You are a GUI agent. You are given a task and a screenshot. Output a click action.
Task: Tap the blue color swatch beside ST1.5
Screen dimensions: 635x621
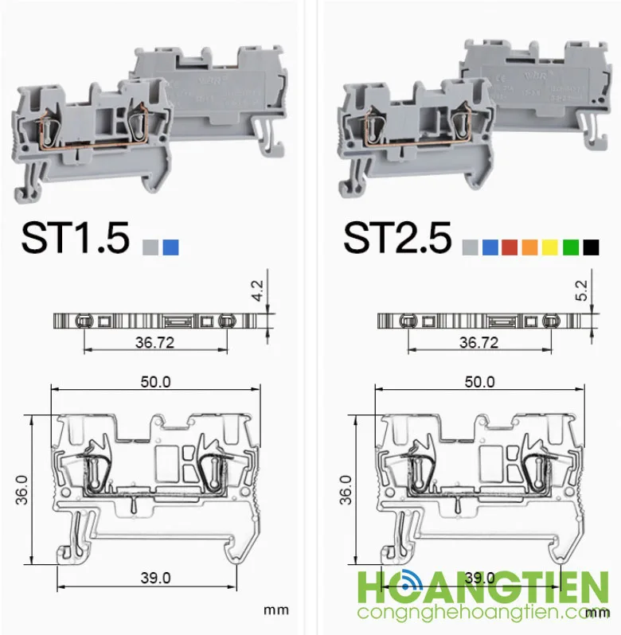(x=170, y=247)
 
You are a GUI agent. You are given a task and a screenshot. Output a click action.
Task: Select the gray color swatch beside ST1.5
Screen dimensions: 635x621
(x=150, y=247)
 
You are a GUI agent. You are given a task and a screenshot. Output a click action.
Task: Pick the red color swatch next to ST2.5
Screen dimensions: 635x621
(x=510, y=247)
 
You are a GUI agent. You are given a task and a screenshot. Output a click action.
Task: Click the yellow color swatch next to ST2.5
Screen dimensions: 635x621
(x=550, y=247)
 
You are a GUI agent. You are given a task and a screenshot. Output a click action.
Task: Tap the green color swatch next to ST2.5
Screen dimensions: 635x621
(x=570, y=247)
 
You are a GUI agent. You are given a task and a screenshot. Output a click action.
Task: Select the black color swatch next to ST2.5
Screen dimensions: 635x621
(x=591, y=247)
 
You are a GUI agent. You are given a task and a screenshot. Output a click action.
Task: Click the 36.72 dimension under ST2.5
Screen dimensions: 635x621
(x=478, y=342)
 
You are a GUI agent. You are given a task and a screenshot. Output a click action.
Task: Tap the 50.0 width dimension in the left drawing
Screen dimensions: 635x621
(x=155, y=382)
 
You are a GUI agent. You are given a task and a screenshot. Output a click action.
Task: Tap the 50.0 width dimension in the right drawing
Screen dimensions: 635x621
(x=479, y=382)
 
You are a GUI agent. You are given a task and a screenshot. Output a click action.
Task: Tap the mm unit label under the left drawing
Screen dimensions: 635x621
(x=275, y=610)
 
